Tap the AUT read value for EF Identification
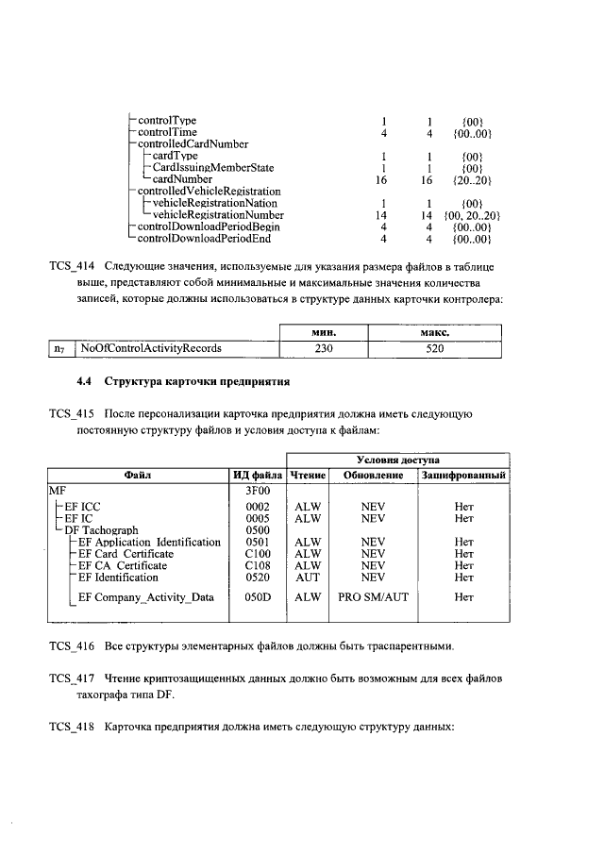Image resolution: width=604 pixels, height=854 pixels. pyautogui.click(x=308, y=577)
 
